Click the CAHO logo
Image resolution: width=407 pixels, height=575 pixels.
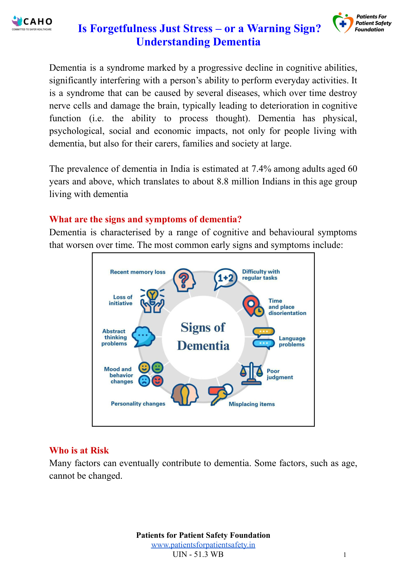[x=32, y=23]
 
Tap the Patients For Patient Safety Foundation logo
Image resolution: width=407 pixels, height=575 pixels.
[x=362, y=23]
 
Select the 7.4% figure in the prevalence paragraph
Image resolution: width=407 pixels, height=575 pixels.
[x=261, y=169]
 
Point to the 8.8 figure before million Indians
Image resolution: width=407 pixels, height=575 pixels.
[x=222, y=182]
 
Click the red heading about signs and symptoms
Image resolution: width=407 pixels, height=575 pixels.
[x=145, y=219]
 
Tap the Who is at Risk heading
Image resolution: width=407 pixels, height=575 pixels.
[x=79, y=450]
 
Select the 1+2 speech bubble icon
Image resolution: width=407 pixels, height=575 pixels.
[x=225, y=278]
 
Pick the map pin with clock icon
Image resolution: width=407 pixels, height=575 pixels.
[x=253, y=306]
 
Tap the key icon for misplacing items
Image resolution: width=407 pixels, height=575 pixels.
[x=220, y=395]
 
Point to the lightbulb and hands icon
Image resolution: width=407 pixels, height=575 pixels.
[x=152, y=300]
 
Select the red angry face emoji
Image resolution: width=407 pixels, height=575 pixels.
[x=157, y=381]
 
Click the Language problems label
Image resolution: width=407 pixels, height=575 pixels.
[x=292, y=341]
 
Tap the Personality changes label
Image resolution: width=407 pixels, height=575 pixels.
[x=138, y=404]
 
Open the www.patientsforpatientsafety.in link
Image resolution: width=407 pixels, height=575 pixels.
[x=203, y=545]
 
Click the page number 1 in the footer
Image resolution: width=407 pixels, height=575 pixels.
[x=345, y=555]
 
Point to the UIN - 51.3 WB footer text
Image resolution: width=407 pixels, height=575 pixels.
[x=198, y=554]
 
